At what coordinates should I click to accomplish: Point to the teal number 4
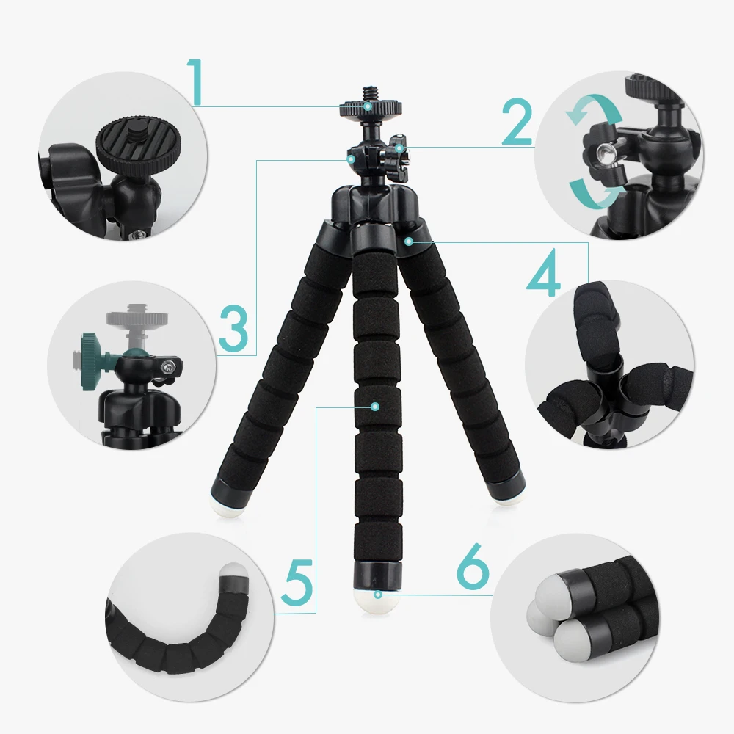click(544, 276)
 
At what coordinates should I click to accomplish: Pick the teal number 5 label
click(298, 580)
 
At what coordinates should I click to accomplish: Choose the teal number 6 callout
click(472, 565)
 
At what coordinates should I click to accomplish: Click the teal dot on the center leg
click(375, 405)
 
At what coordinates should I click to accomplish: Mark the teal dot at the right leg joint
click(408, 240)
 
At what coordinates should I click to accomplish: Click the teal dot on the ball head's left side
click(352, 158)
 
